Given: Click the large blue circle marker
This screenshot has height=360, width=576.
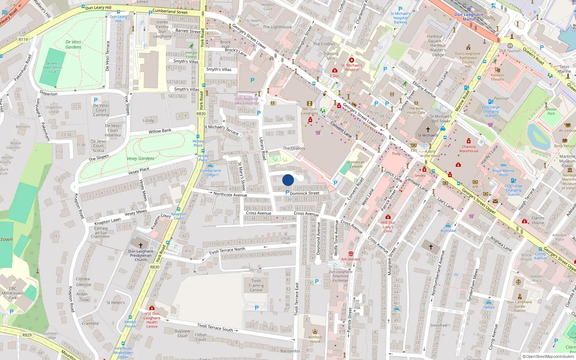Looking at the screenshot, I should coord(288,180).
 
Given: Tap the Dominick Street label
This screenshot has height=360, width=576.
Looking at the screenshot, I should coord(305,193).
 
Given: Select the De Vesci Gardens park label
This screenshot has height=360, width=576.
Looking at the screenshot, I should coord(73,44).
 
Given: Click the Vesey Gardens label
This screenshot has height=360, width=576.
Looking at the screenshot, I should coord(140,158).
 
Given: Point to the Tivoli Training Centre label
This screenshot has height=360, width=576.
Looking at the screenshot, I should coord(256,285).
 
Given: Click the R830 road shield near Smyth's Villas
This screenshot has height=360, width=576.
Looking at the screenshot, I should coord(201,114).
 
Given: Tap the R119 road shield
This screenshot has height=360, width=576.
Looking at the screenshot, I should coord(23,40).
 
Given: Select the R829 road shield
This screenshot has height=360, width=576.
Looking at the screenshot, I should coord(27,335).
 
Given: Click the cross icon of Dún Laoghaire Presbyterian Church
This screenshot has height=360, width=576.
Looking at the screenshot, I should coord(141,245).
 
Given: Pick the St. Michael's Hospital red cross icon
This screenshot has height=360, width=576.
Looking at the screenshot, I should coord(352,60).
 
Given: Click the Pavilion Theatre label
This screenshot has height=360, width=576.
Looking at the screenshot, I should coord(497,77).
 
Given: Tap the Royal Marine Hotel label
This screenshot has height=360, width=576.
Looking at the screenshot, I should coord(503,173).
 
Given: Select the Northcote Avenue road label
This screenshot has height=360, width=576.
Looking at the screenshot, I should coord(230,195).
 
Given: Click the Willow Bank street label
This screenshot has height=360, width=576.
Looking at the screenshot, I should coord(160,131).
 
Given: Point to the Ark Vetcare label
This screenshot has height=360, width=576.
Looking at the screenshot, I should coord(351,259).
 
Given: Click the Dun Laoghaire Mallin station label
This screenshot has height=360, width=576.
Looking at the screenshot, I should coord(469,17).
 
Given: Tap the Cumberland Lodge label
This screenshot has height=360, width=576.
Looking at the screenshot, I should coord(210,173).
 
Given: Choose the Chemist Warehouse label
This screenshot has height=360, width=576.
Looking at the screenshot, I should coord(469,149).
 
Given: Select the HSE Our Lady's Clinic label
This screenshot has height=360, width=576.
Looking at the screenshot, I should coord(388,227).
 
